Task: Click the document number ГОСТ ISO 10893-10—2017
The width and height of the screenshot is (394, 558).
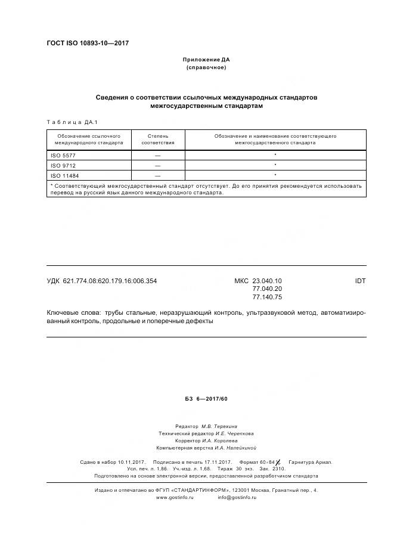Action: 87,44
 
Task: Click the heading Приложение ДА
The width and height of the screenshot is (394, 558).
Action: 206,60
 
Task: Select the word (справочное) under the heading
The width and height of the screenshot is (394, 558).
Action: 206,67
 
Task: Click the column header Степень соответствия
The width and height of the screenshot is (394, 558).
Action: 158,139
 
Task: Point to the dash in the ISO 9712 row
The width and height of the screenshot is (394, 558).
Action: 158,165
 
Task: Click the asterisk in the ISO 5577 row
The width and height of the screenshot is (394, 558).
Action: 275,155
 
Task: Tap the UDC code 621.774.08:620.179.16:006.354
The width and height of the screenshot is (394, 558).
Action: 110,280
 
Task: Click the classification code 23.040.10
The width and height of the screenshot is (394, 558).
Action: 267,280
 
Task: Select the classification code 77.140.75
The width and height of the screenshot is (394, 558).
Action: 267,297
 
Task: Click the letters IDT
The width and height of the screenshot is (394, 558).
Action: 360,280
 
